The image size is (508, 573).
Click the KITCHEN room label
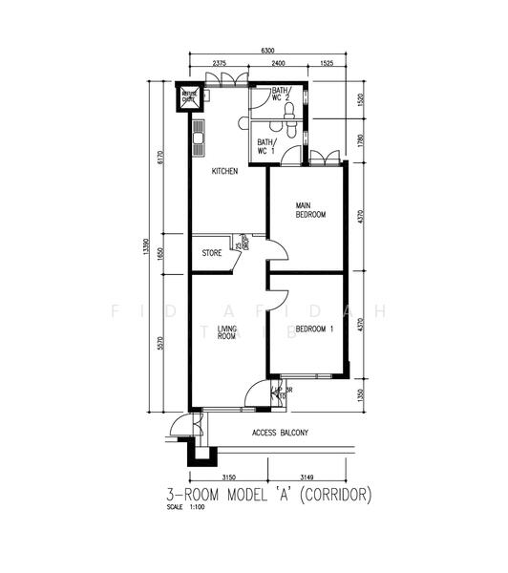point(224,172)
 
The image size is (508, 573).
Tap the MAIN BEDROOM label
point(309,210)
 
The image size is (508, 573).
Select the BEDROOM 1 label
point(313,329)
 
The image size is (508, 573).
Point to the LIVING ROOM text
point(227,332)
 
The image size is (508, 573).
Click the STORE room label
point(211,253)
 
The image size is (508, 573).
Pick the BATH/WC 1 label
point(265,146)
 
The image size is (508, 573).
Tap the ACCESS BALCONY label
point(280,434)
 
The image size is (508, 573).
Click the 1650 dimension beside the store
point(161,252)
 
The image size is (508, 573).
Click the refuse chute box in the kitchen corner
point(188,95)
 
